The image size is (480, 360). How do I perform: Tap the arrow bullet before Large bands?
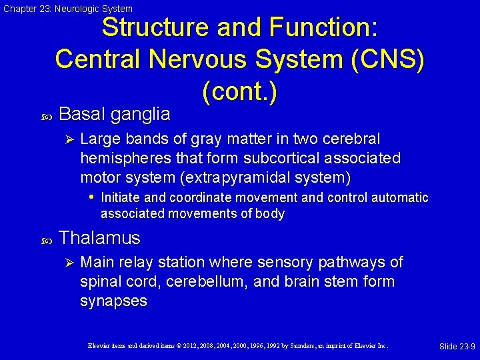(67, 139)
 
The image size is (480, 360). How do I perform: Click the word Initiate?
(121, 197)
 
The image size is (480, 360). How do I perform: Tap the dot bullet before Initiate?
(91, 197)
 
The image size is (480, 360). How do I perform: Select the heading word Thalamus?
(100, 238)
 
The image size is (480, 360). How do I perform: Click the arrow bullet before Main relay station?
(67, 262)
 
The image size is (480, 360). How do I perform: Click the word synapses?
(113, 301)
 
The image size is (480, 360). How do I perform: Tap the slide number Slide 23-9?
(457, 347)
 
